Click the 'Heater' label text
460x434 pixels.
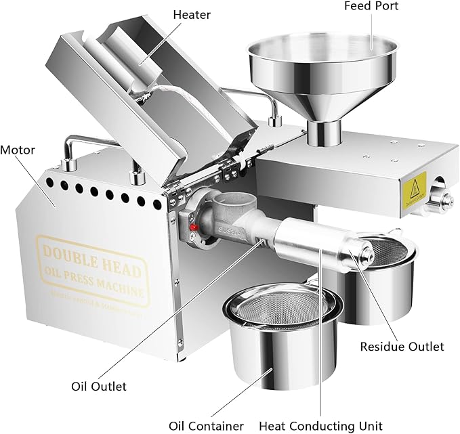[192, 14]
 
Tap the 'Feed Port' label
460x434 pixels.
[371, 6]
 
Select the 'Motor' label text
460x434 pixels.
[18, 150]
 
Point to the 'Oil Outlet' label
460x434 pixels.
[99, 387]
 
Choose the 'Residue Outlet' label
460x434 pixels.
[402, 346]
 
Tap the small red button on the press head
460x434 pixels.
[193, 228]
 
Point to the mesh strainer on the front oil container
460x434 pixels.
[280, 307]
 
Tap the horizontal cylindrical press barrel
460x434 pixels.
[312, 240]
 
